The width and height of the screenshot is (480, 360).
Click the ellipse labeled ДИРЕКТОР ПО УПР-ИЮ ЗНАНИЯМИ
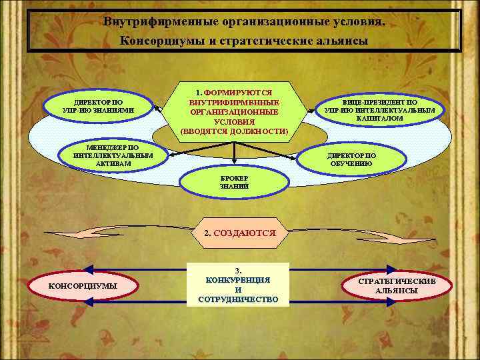pos(97,106)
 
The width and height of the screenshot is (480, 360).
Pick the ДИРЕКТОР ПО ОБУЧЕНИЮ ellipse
pos(351,159)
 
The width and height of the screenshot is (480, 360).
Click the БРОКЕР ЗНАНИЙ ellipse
pos(234,183)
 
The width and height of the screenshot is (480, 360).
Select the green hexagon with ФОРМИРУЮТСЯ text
pos(234,111)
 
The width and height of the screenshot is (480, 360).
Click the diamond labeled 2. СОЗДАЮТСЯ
pos(239,234)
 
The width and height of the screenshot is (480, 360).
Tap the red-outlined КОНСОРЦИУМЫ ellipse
pos(83,286)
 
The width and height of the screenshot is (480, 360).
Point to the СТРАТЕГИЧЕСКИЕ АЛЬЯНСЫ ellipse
pos(397,286)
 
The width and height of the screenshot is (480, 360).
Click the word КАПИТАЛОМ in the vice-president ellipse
pos(379,118)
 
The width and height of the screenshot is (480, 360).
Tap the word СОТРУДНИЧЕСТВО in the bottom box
pos(238,299)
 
